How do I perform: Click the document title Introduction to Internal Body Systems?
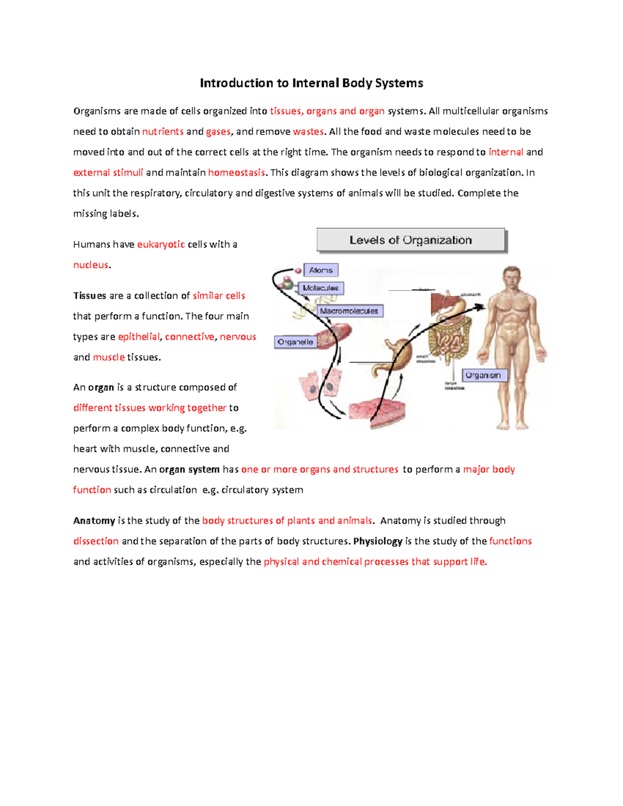tap(311, 83)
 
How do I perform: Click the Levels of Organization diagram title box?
tap(411, 240)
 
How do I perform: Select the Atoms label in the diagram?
tap(321, 270)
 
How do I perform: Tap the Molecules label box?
tap(320, 288)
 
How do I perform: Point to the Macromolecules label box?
tap(349, 311)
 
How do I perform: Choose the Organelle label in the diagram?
tap(295, 342)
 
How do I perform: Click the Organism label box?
tap(483, 375)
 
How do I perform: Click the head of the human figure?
tap(512, 281)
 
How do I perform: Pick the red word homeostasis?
tap(236, 172)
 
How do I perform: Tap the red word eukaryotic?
tap(161, 244)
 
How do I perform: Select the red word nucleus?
tap(91, 265)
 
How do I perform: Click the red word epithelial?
tap(139, 336)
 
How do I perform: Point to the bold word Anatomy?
tap(94, 521)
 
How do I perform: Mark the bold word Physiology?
tap(377, 541)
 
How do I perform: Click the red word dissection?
tap(96, 541)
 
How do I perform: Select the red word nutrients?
tap(163, 131)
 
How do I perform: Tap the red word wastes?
tap(308, 131)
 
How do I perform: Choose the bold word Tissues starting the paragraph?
tap(89, 295)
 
